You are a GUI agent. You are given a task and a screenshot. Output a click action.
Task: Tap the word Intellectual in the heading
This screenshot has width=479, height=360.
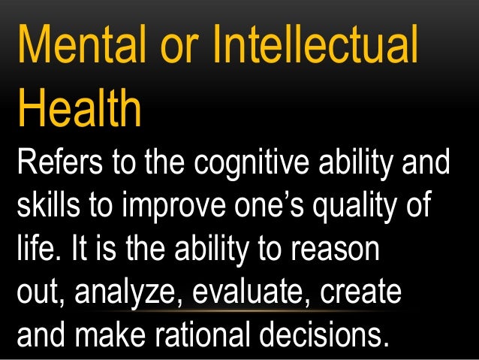click(x=315, y=46)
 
